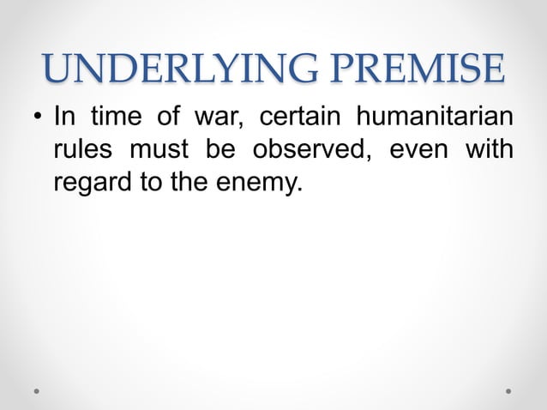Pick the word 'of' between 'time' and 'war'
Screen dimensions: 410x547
pos(170,116)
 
